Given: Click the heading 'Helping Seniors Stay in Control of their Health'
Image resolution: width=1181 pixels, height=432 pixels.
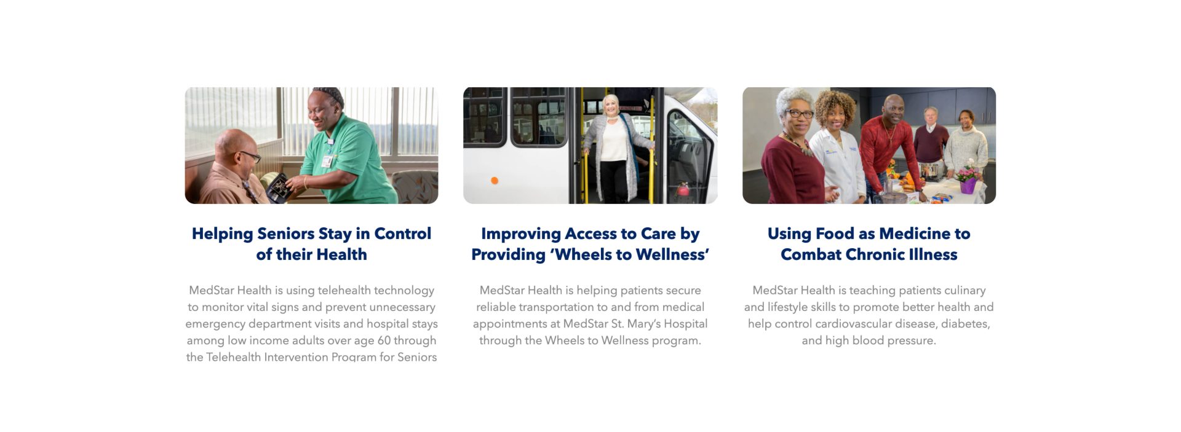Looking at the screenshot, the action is pyautogui.click(x=311, y=244).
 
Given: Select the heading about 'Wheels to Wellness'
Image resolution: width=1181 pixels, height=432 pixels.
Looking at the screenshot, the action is pyautogui.click(x=590, y=244).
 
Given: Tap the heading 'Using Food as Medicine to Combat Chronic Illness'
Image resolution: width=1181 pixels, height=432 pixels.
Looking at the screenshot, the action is pyautogui.click(x=869, y=244).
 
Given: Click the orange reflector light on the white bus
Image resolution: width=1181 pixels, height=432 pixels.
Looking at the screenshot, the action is pyautogui.click(x=494, y=180).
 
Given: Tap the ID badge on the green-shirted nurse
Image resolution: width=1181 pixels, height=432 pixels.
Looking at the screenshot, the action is pyautogui.click(x=327, y=161).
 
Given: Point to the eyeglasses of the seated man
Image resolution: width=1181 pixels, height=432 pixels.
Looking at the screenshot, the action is pyautogui.click(x=250, y=156).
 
